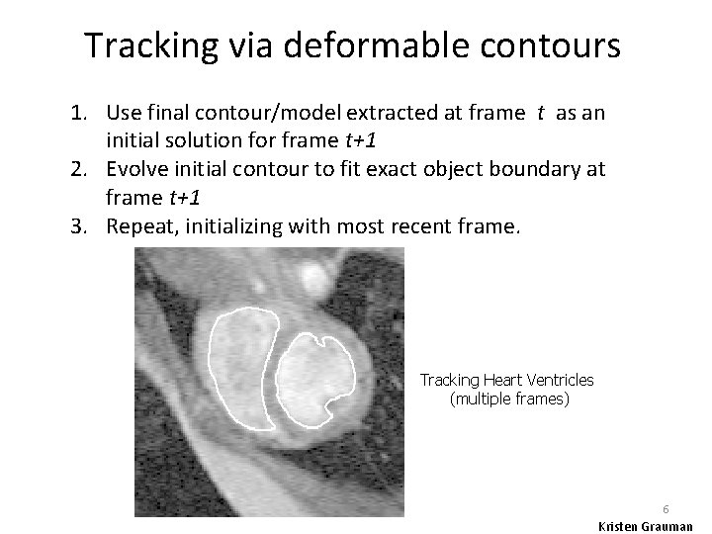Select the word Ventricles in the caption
[560, 381]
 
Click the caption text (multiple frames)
[509, 399]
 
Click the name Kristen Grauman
[646, 526]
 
